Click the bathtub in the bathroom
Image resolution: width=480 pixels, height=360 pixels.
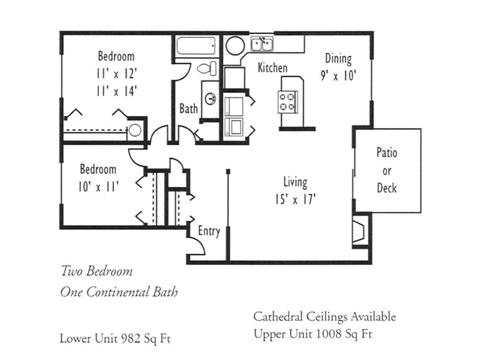[196, 46]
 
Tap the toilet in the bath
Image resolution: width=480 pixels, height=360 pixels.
[207, 68]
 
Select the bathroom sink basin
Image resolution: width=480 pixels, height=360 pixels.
[211, 98]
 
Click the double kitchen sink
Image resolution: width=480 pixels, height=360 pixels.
[262, 44]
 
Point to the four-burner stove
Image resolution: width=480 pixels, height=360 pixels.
[287, 102]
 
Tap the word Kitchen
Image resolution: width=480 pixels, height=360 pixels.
[272, 68]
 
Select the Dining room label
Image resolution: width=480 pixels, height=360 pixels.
[338, 58]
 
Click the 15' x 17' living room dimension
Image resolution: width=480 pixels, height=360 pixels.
[295, 200]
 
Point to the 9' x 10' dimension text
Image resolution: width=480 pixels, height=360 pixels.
[338, 76]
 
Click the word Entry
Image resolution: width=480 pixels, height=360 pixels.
[209, 231]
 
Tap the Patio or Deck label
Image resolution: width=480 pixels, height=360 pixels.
[387, 170]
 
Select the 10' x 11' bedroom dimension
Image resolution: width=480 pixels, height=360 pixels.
[98, 187]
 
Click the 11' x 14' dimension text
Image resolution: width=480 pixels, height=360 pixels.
[116, 91]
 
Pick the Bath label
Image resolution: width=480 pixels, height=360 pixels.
[188, 109]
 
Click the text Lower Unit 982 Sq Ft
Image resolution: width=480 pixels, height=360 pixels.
[115, 338]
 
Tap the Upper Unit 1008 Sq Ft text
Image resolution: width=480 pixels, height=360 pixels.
[313, 334]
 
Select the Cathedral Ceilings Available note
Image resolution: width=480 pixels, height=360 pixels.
[325, 317]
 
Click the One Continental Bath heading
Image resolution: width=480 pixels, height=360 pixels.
[119, 292]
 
